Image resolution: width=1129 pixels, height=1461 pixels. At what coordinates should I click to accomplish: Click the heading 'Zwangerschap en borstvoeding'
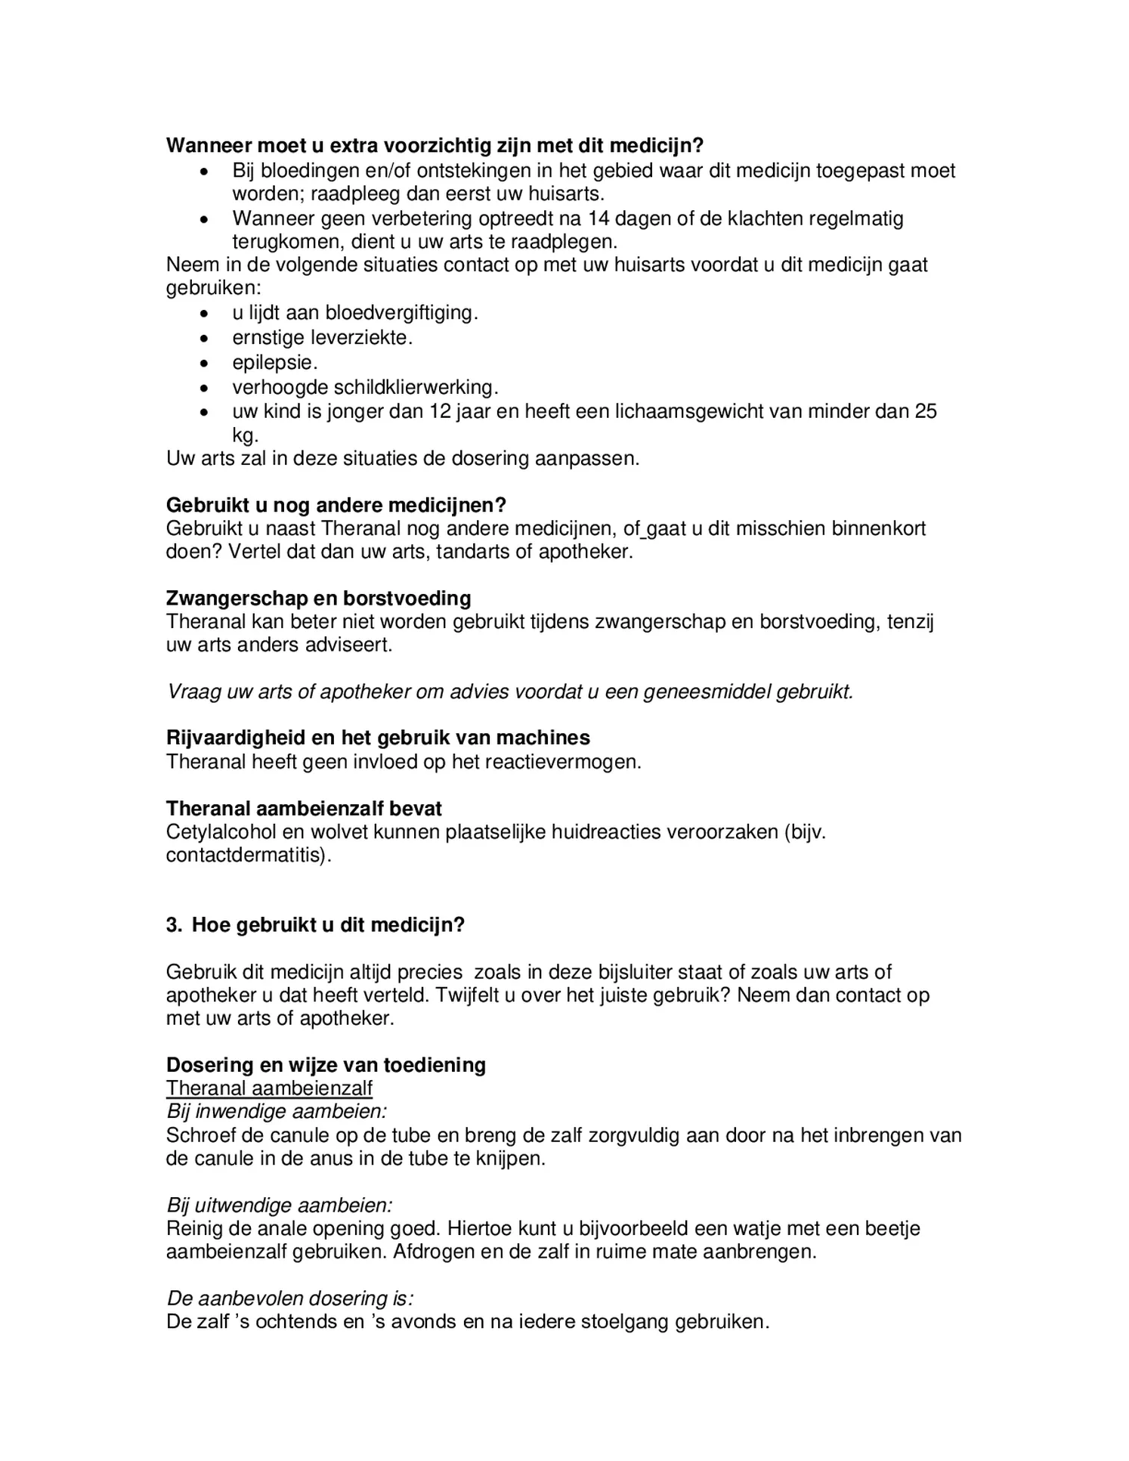[x=318, y=599]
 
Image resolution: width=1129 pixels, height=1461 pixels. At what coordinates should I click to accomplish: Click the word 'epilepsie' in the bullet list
[x=273, y=363]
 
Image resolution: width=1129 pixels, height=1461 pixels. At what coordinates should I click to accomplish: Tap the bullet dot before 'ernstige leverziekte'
[x=203, y=339]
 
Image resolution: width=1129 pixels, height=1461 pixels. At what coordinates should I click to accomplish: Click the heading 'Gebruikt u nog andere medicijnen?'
[x=336, y=505]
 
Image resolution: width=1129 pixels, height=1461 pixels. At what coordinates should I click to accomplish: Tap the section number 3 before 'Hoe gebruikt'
[x=172, y=925]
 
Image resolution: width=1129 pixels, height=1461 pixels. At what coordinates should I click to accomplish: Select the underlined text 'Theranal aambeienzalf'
[x=269, y=1088]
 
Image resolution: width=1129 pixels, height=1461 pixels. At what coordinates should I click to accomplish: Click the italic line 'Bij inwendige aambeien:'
[x=276, y=1112]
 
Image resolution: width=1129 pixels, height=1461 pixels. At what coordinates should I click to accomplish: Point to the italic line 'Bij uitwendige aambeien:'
[x=279, y=1205]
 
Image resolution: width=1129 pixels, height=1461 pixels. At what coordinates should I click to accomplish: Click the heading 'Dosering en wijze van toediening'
[x=326, y=1065]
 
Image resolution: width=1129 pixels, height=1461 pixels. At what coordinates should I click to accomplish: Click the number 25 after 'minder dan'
[x=926, y=412]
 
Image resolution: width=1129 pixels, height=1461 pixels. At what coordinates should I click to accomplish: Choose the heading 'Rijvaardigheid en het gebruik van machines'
[x=378, y=738]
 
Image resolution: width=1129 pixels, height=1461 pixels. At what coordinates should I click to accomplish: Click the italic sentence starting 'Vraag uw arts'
[x=509, y=692]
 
